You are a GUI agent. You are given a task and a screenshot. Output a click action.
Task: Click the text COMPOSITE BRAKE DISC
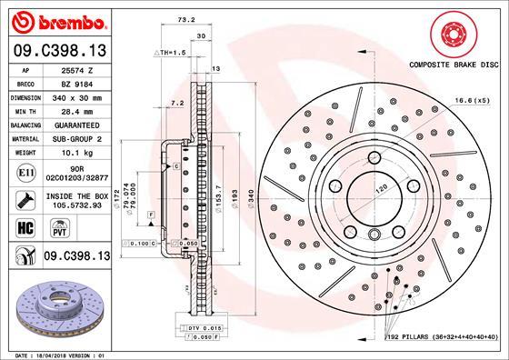click(x=454, y=65)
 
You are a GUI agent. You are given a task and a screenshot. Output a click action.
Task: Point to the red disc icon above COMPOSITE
click(x=454, y=35)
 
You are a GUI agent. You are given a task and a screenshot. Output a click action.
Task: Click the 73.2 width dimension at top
click(x=186, y=18)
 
